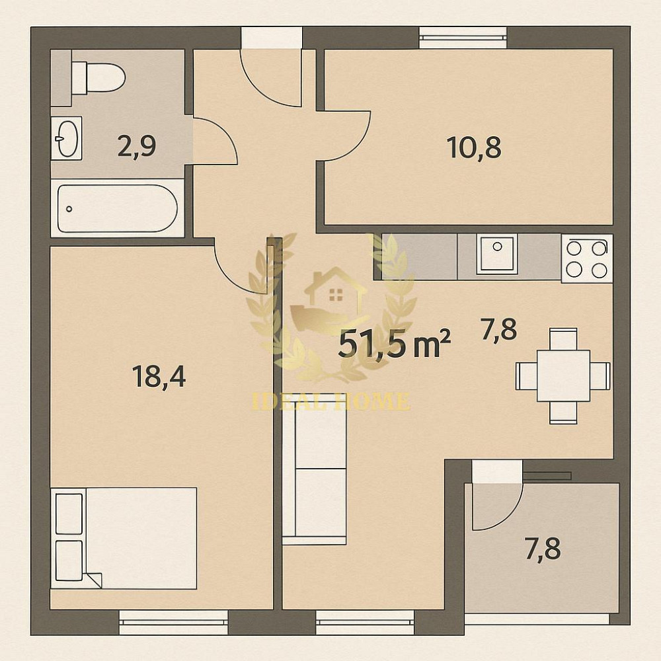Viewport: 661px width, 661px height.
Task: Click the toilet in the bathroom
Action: (x=98, y=77)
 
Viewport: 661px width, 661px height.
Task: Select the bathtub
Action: (x=117, y=208)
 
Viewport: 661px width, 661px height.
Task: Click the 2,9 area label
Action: (x=136, y=146)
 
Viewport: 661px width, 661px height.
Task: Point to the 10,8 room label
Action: (x=474, y=148)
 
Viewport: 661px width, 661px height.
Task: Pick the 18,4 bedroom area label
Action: (x=159, y=377)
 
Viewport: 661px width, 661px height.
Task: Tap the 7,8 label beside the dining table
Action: (x=499, y=329)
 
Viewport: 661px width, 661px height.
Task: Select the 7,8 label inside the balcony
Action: (x=543, y=549)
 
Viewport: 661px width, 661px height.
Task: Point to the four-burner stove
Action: (x=586, y=258)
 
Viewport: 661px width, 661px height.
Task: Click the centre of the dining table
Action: (x=563, y=375)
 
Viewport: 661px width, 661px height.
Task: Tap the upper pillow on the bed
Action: (x=69, y=513)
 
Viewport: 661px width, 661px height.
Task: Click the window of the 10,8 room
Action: (x=463, y=37)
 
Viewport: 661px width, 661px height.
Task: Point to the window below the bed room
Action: (x=173, y=621)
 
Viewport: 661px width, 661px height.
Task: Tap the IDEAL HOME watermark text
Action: (x=330, y=401)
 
